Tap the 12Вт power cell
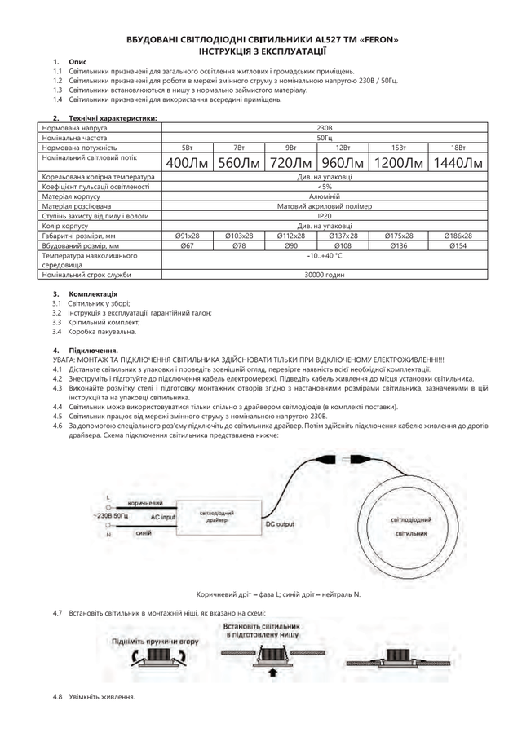[342, 147]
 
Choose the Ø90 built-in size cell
[290, 245]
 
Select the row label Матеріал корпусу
[70, 196]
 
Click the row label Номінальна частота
[74, 138]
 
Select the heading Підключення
[94, 350]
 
